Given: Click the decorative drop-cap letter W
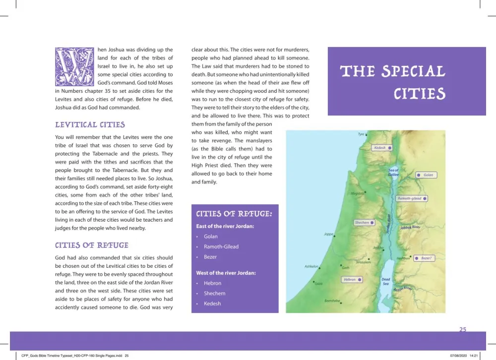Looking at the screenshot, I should pos(74,67).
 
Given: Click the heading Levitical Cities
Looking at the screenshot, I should pos(90,125).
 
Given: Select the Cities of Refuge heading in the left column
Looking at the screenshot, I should pos(91,245).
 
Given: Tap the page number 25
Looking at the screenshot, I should pos(462,329).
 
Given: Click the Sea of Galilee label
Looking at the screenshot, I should pos(393,173).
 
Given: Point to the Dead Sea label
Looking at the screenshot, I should pos(386,281).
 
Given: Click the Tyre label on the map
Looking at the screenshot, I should pos(361,134).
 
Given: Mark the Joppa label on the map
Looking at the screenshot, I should pos(328,234).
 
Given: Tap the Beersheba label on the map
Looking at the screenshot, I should pos(332,300).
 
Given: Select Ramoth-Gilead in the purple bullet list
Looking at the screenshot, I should pos(221,246).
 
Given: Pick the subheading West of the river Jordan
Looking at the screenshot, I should pos(226,273).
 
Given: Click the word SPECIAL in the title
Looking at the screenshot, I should pos(413,72).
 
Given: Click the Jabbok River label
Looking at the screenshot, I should pos(410,228).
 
